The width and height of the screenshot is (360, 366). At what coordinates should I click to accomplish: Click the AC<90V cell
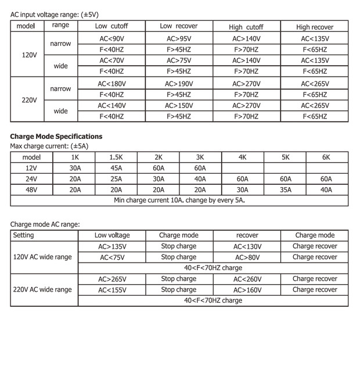111,38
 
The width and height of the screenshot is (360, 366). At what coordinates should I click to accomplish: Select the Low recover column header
179,27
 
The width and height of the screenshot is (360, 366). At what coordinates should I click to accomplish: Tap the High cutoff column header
246,27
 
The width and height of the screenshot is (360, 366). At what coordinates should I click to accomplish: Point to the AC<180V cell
111,84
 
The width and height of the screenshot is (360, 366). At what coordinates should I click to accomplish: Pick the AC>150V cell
179,106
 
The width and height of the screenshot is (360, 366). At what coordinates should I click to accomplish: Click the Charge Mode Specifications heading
56,137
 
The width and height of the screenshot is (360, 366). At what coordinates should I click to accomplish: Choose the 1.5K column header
116,157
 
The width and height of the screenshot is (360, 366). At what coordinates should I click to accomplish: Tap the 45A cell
116,168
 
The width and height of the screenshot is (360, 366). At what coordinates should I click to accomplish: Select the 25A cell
116,179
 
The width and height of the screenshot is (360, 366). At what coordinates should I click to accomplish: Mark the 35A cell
285,189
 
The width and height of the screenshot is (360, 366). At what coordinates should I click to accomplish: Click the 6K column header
326,157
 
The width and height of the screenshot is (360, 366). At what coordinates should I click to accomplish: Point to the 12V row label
31,168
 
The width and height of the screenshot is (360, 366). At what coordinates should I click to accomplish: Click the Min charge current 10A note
179,200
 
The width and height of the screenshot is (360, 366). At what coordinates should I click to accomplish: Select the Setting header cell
23,235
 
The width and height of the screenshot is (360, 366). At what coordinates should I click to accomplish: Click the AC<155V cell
112,289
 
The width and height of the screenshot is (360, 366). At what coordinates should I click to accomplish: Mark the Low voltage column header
112,235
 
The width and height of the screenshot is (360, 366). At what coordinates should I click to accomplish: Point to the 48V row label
31,189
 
